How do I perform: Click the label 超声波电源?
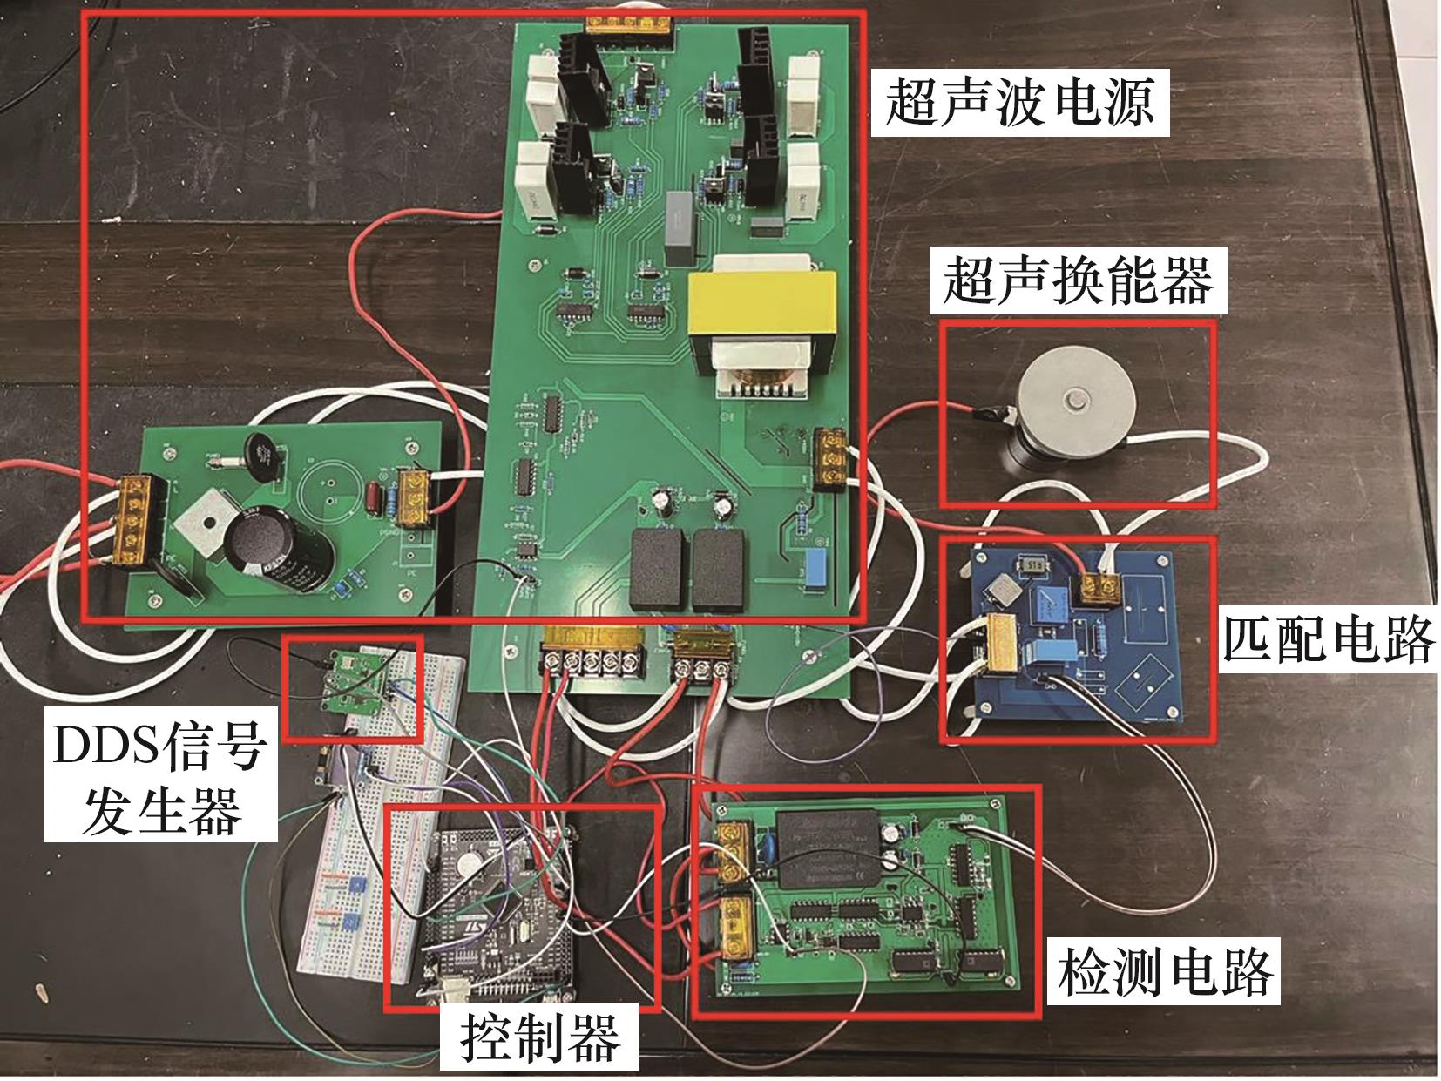(x=1019, y=103)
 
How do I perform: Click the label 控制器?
(x=539, y=1037)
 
